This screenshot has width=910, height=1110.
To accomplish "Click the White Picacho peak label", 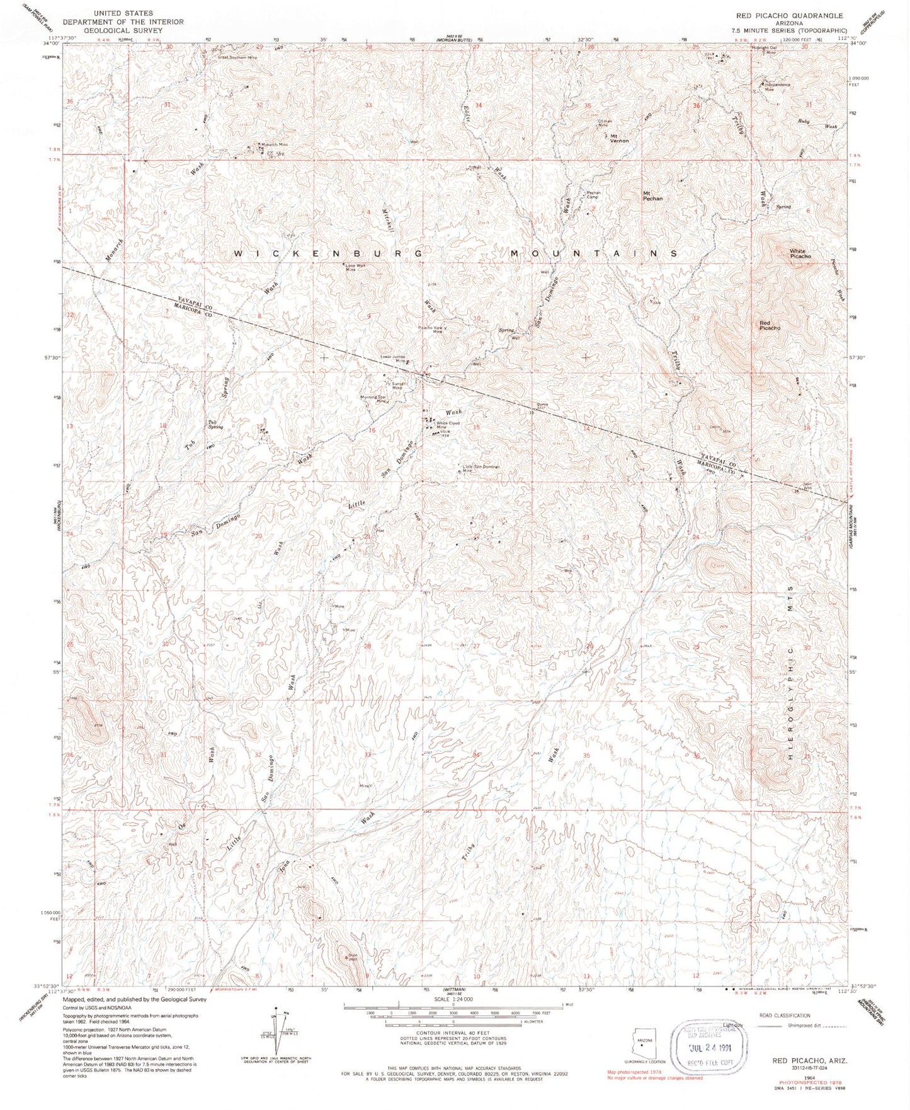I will click(800, 254).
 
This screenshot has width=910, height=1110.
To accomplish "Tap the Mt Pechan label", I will click(652, 195).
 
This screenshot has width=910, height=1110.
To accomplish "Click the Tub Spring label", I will click(216, 425).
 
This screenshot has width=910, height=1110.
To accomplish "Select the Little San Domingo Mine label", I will click(481, 468).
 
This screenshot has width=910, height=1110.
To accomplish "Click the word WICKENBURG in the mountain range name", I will click(327, 253).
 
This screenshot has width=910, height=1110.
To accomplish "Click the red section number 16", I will click(372, 431).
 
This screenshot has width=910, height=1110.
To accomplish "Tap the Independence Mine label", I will click(777, 87).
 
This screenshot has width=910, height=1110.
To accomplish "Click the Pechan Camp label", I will click(593, 195).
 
